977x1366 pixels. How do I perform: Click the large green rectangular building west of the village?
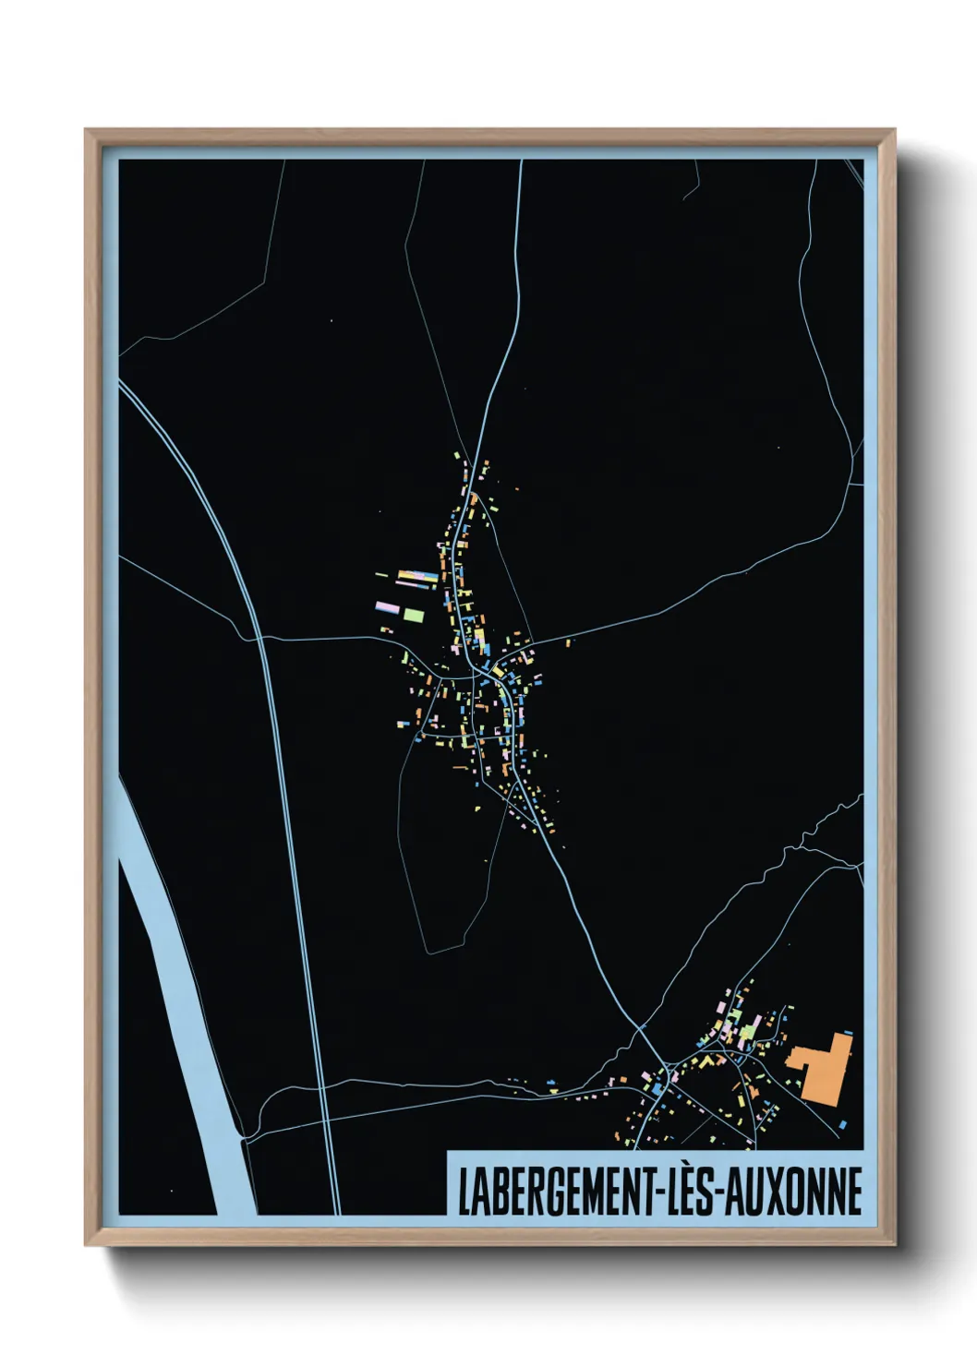point(413,614)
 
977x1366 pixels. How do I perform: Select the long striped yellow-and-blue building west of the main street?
point(416,578)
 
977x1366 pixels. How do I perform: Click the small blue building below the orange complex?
point(843,1123)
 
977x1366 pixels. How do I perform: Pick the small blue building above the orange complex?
point(846,1033)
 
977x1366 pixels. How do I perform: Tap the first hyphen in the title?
point(657,1193)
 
